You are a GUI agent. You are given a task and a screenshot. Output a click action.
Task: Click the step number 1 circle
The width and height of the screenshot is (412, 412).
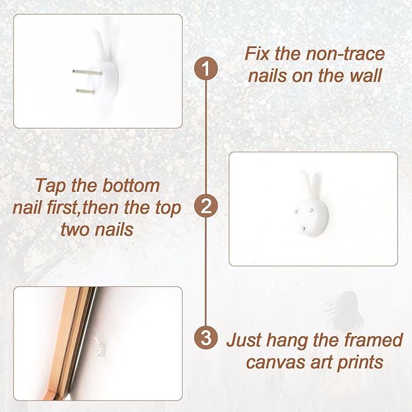[x=206, y=69]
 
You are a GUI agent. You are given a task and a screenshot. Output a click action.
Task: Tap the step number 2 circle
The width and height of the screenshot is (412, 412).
[x=206, y=206]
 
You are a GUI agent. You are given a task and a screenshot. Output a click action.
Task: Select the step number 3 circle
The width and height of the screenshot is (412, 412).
[x=206, y=337]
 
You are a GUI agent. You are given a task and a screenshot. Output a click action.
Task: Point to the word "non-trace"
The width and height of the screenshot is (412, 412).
[x=345, y=53]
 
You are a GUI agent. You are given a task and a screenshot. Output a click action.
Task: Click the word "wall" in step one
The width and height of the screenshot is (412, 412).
[x=365, y=76]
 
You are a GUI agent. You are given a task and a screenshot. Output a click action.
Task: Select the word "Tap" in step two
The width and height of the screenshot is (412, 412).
[x=51, y=186]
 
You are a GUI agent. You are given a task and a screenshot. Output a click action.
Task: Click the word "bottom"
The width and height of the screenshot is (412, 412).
[x=131, y=186]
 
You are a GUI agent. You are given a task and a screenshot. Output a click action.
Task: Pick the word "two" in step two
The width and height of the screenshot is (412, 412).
[x=75, y=229]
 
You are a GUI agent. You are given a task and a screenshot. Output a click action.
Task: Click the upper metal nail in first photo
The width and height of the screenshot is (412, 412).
[x=87, y=72]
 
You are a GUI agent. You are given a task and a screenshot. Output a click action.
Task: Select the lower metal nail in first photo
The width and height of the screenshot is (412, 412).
[x=86, y=92]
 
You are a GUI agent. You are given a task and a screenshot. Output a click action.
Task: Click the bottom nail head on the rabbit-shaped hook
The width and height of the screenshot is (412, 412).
[x=303, y=229]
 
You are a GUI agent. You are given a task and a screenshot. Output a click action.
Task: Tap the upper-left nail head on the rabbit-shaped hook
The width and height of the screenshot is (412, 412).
[x=296, y=212]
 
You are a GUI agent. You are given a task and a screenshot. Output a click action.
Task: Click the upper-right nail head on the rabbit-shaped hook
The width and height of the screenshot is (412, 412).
[x=311, y=210]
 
